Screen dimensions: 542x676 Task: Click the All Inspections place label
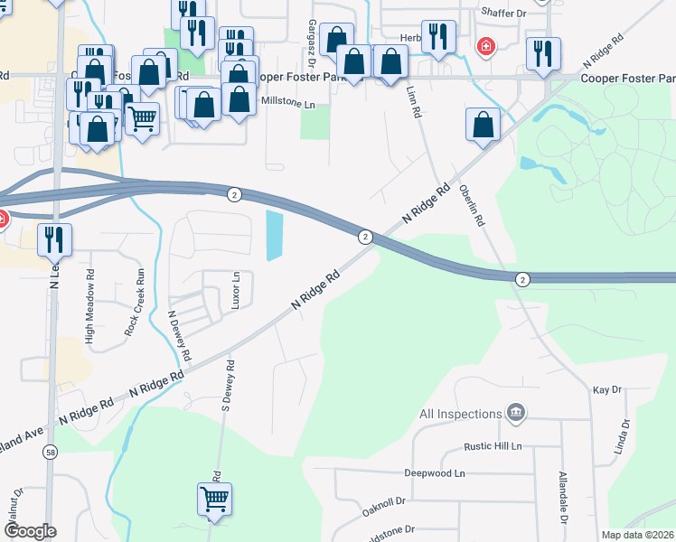[x=460, y=414]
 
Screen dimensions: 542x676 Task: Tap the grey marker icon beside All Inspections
[x=516, y=413]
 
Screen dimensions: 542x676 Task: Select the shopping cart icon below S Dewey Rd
[x=214, y=498]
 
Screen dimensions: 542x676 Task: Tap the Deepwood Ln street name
[x=434, y=472]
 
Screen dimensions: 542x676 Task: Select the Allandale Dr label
[x=563, y=498]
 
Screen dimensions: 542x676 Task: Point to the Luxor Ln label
[x=236, y=291]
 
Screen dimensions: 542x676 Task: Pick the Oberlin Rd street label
[x=474, y=207]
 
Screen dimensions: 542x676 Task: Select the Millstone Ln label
[x=287, y=106]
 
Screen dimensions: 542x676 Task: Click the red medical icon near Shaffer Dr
[x=486, y=46]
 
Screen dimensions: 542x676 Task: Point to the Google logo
[x=30, y=531]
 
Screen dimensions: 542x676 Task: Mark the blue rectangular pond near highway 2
[x=275, y=235]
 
